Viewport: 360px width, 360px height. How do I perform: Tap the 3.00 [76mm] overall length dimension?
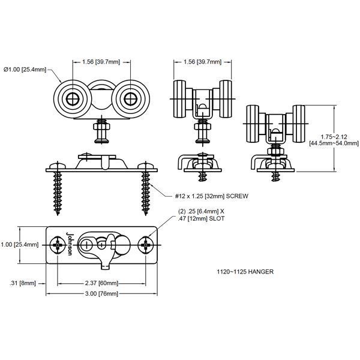coord(100,293)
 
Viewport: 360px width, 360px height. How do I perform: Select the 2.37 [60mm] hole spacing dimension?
coord(100,283)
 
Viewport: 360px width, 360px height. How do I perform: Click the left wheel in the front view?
coord(71,98)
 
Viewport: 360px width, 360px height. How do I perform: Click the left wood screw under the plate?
coord(58,192)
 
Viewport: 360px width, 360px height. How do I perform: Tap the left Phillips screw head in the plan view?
coord(58,245)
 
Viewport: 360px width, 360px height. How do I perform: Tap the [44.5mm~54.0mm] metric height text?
coord(334,143)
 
